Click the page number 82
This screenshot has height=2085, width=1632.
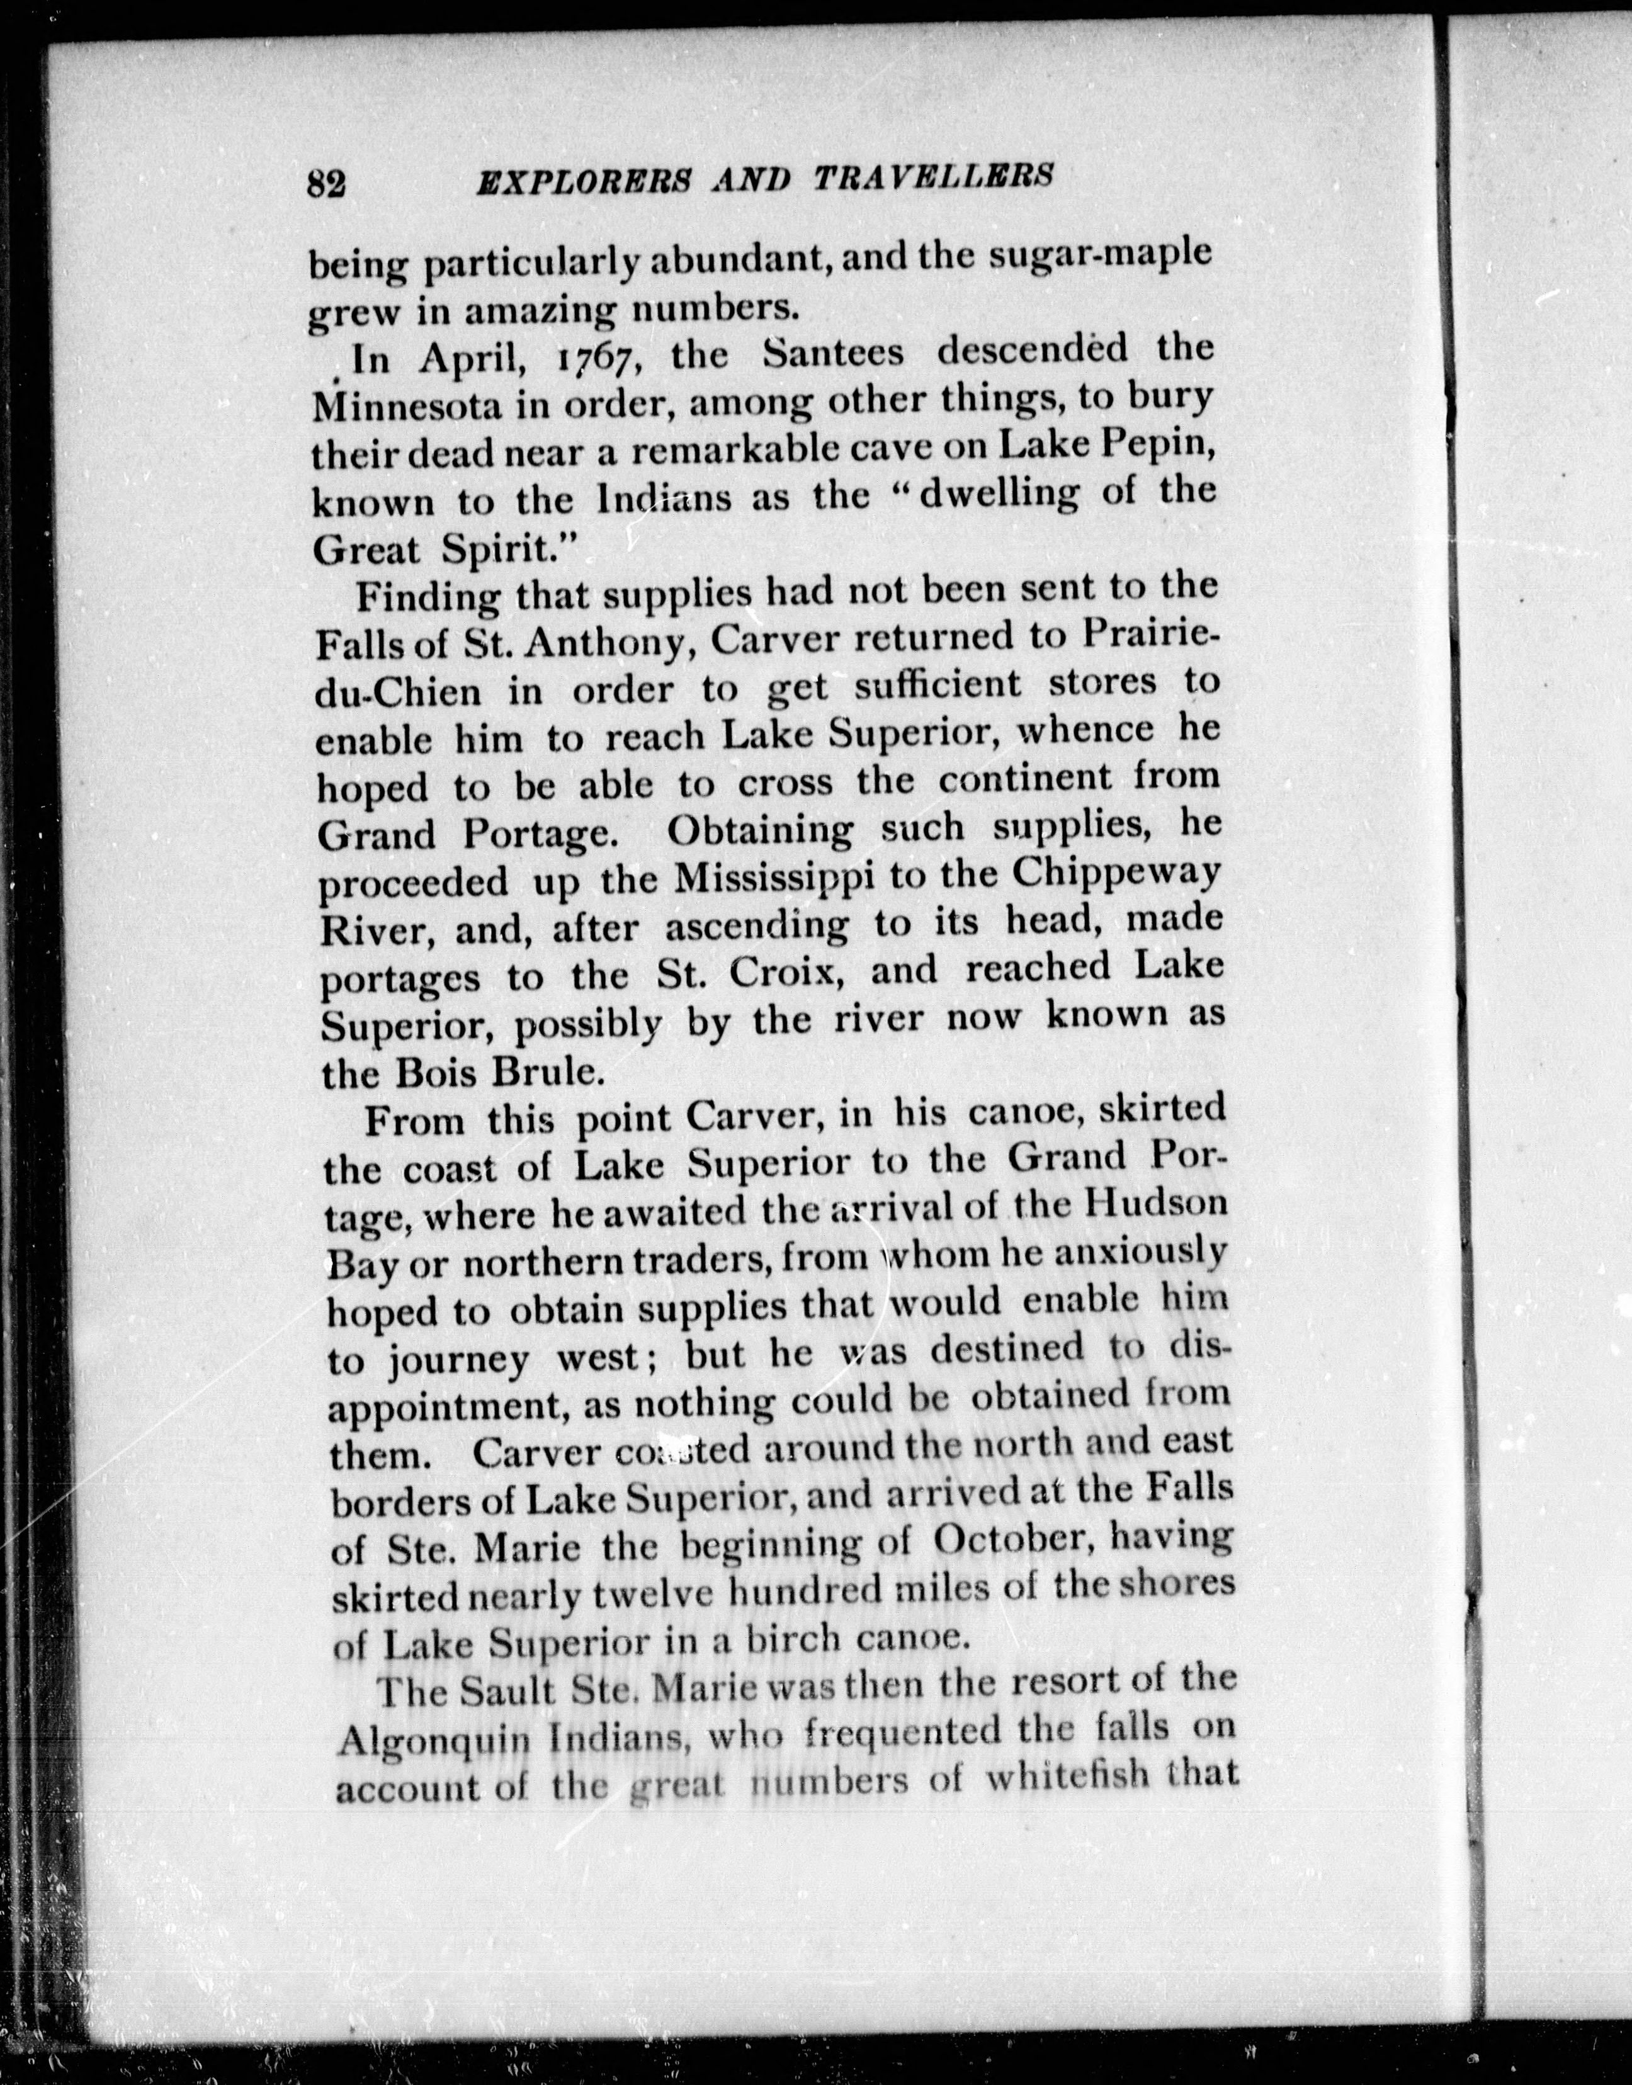(x=326, y=181)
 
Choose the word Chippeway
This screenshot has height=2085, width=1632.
(x=1117, y=874)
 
